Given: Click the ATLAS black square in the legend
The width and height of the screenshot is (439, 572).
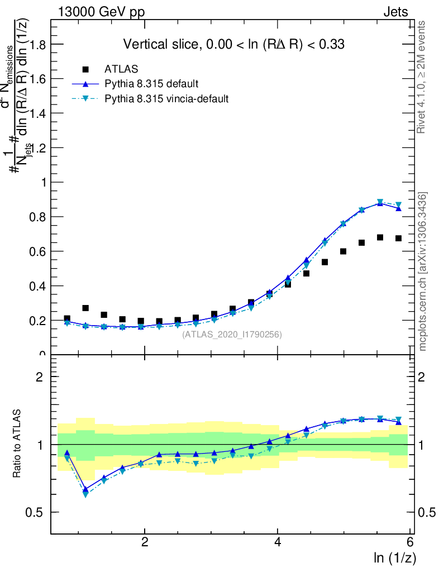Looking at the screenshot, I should [x=85, y=69].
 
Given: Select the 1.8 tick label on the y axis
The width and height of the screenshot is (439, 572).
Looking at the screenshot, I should [x=36, y=44].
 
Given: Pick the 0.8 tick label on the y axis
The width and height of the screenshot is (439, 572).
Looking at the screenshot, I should [x=36, y=217].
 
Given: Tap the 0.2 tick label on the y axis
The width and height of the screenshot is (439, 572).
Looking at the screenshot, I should [x=36, y=321].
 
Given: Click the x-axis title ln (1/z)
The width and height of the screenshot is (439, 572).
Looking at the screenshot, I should [x=394, y=557].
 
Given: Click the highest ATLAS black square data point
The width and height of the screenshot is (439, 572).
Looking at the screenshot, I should [x=380, y=237].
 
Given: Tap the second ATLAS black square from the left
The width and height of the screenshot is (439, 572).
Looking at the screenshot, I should [x=85, y=308].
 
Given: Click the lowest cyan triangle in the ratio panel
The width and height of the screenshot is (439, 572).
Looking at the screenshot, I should [x=85, y=494].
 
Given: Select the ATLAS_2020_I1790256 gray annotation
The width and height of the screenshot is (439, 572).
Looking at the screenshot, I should [x=232, y=335].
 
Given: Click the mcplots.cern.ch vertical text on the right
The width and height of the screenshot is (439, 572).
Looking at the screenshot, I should [x=423, y=271].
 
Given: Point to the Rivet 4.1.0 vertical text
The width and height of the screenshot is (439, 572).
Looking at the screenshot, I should [x=422, y=77].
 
